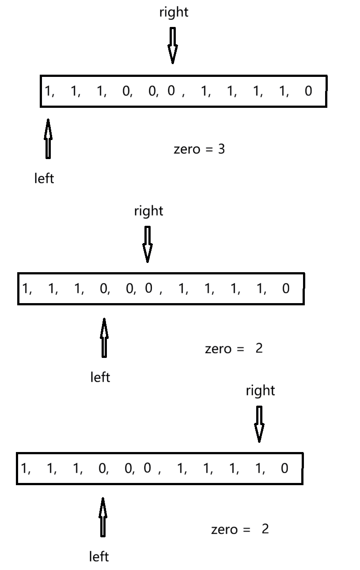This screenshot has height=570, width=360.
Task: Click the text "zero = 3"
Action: point(199,149)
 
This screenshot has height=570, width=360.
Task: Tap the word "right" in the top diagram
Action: point(174,12)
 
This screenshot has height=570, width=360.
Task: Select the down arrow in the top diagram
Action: point(173,46)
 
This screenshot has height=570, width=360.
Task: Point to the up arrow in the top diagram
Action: point(48,138)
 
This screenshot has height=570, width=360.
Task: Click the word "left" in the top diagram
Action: point(44,179)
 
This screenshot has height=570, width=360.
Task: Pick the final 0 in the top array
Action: point(308,91)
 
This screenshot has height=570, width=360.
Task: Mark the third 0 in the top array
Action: point(171,91)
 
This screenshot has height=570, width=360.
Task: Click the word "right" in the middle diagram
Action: point(148,211)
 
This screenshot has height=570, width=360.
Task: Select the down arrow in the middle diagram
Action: point(148,244)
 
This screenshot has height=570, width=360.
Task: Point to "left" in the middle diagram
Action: point(100,377)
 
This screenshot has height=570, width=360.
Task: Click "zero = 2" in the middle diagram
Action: point(234,349)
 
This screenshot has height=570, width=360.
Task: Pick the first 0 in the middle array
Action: point(103,289)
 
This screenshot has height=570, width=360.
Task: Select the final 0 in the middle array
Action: point(286,289)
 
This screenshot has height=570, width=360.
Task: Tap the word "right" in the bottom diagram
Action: point(260,391)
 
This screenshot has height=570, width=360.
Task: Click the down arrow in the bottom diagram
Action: point(259,424)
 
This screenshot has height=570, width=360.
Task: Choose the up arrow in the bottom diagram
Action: point(102,517)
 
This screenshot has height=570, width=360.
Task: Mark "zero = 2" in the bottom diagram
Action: point(239,529)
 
